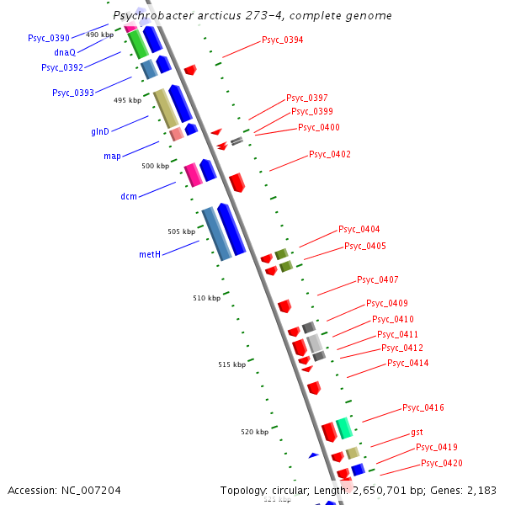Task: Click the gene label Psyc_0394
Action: click(283, 40)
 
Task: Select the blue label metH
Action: click(150, 254)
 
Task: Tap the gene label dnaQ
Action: click(65, 52)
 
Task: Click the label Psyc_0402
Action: click(330, 154)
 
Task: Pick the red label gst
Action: click(417, 432)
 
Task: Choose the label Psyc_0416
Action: click(423, 407)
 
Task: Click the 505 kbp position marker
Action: click(181, 231)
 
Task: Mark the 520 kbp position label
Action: click(254, 432)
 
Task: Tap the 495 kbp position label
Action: click(127, 100)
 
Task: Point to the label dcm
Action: click(129, 196)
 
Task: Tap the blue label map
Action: click(112, 156)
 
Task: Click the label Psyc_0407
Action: click(378, 279)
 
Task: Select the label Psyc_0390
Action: click(49, 38)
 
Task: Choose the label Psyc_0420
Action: click(442, 463)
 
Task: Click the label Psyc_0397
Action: click(307, 98)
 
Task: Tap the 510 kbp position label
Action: click(206, 298)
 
